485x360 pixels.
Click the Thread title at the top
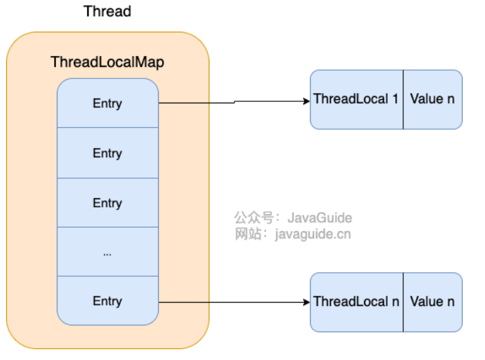107,11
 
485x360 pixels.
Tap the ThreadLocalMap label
107,62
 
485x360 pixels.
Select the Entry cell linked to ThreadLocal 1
107,103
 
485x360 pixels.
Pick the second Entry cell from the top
107,153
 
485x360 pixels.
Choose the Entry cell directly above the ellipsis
107,203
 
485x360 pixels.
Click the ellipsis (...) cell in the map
107,252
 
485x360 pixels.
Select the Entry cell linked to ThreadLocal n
107,301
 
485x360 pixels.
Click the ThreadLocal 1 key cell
357,99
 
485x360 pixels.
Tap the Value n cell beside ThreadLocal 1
433,99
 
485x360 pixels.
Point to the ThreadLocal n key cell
357,302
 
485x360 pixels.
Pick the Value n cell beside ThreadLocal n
433,302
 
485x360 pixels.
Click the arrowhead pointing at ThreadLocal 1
307,101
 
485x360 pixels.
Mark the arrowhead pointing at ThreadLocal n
307,302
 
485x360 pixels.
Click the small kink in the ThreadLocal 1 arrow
234,102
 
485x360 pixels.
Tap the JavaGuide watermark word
320,217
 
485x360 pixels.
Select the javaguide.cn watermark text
313,234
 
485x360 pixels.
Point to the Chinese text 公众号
253,217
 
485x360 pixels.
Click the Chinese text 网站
248,234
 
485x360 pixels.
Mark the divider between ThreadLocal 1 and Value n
403,99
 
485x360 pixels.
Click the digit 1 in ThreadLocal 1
395,99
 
